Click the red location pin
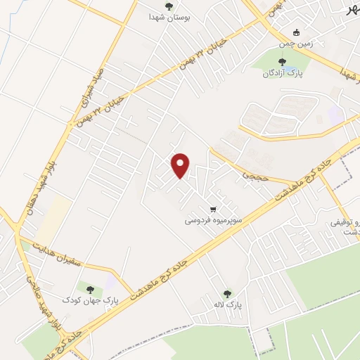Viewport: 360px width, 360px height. point(181,165)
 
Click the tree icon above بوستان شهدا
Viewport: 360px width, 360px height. point(168,6)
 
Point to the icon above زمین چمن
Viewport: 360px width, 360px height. point(297,32)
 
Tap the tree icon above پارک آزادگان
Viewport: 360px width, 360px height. point(282,62)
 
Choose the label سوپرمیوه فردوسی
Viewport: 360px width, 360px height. point(214,220)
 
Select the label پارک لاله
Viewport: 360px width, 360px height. point(226,306)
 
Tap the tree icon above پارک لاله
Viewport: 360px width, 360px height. point(226,295)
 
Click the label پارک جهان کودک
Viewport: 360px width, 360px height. point(90,300)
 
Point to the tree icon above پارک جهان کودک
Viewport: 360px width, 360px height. point(89,289)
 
